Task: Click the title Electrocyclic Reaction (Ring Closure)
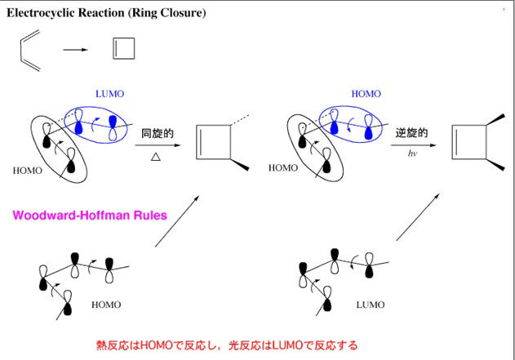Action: click(x=106, y=13)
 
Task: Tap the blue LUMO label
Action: click(x=109, y=94)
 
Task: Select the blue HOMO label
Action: click(x=366, y=94)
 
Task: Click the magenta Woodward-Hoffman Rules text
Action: click(x=90, y=216)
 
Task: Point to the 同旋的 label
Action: click(x=158, y=133)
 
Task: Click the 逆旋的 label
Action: click(x=411, y=133)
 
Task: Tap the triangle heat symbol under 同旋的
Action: click(x=156, y=157)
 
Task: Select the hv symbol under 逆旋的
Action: click(x=412, y=153)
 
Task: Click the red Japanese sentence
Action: click(x=227, y=345)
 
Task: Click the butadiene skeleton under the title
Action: click(x=22, y=51)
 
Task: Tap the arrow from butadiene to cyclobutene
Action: click(x=76, y=50)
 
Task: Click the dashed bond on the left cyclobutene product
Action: click(x=240, y=120)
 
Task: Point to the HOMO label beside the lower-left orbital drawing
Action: click(x=106, y=304)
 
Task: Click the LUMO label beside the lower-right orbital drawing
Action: click(x=371, y=304)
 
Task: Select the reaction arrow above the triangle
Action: click(x=158, y=145)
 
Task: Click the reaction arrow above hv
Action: click(x=414, y=145)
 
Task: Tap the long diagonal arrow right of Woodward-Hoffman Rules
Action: click(x=177, y=221)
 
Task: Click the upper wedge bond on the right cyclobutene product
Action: click(x=495, y=119)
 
